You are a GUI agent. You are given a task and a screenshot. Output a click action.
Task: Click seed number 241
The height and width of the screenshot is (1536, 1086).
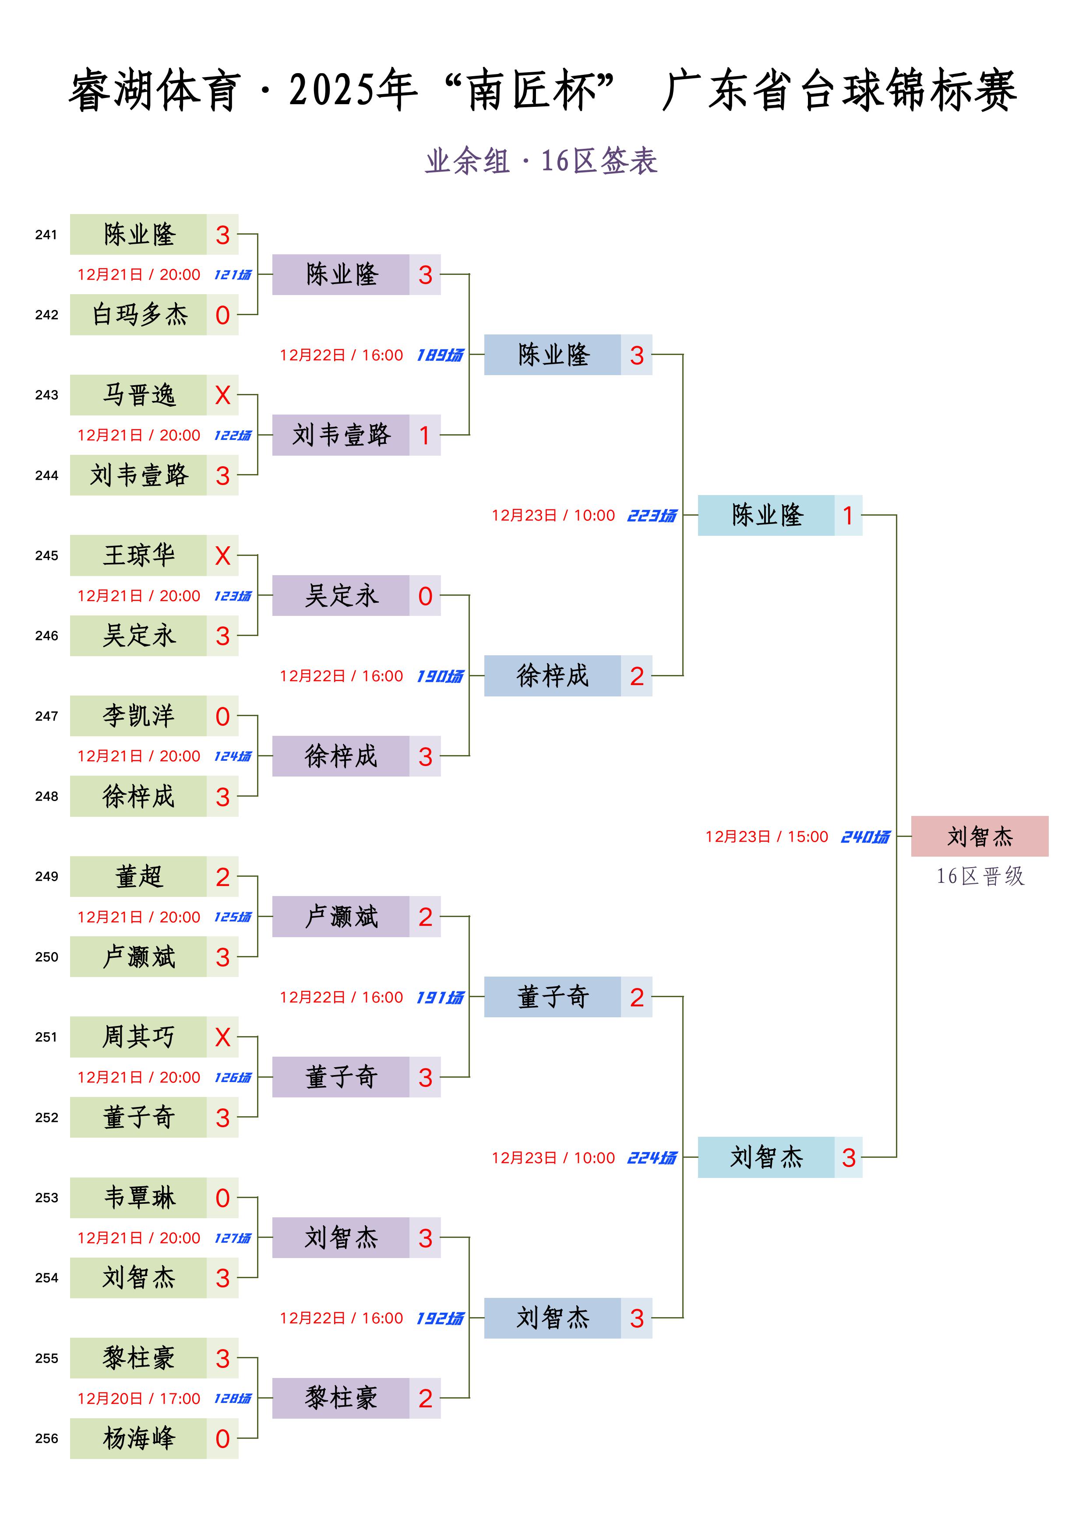[x=46, y=235]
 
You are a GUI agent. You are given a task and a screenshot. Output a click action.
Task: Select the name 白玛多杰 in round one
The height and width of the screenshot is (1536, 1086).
[x=139, y=314]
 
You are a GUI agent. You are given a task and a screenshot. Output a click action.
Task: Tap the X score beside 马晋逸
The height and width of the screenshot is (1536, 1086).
[x=223, y=395]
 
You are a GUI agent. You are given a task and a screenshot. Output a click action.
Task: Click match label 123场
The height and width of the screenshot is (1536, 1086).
[x=233, y=596]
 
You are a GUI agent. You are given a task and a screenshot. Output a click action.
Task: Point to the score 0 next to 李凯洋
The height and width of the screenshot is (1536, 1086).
[x=223, y=717]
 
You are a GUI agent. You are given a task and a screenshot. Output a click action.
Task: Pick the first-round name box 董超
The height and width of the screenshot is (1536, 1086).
[x=138, y=876]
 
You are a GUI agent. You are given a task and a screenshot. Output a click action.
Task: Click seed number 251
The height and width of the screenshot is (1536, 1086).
[x=46, y=1037]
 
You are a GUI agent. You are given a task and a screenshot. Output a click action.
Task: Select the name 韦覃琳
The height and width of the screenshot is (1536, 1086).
[x=139, y=1198]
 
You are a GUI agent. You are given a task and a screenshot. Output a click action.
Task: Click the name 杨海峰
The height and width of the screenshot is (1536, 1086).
[x=139, y=1438]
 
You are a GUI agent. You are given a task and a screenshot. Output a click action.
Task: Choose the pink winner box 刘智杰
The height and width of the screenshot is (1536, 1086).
[x=980, y=836]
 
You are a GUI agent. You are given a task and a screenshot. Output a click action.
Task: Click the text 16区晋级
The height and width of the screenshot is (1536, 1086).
[x=980, y=876]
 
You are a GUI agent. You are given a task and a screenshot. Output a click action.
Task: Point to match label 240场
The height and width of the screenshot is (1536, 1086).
[x=865, y=837]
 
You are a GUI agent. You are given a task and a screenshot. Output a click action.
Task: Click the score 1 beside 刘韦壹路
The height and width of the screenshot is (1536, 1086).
[x=425, y=436]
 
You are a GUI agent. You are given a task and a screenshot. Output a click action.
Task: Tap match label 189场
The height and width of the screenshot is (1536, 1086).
[x=440, y=355]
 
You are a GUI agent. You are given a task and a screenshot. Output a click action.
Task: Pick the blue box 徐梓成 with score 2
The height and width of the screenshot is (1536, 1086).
[x=568, y=676]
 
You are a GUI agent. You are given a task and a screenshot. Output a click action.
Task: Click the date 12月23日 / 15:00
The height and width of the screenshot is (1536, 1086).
[x=767, y=837]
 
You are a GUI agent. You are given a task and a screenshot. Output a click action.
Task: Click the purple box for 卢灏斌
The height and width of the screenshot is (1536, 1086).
[x=356, y=917]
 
